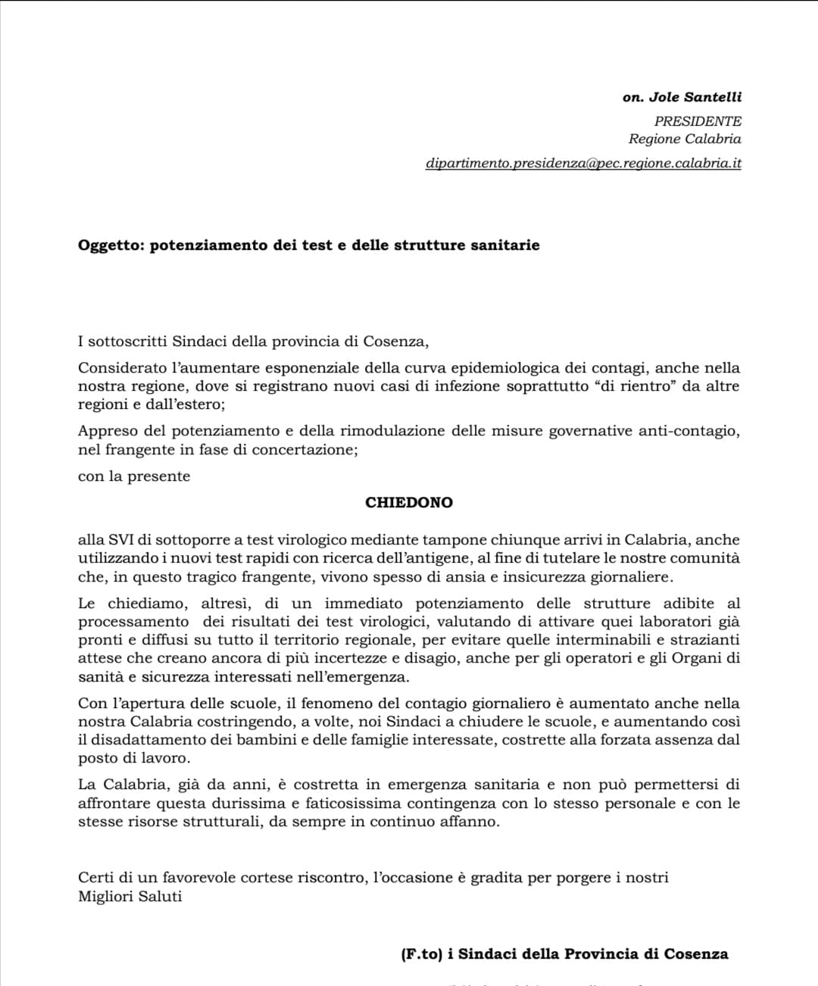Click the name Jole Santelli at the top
tap(695, 98)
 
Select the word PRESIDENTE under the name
tap(698, 121)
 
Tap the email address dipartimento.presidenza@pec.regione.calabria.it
tap(583, 164)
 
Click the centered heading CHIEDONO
tap(409, 503)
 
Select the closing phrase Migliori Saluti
tap(130, 897)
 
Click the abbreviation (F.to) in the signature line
tap(421, 954)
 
